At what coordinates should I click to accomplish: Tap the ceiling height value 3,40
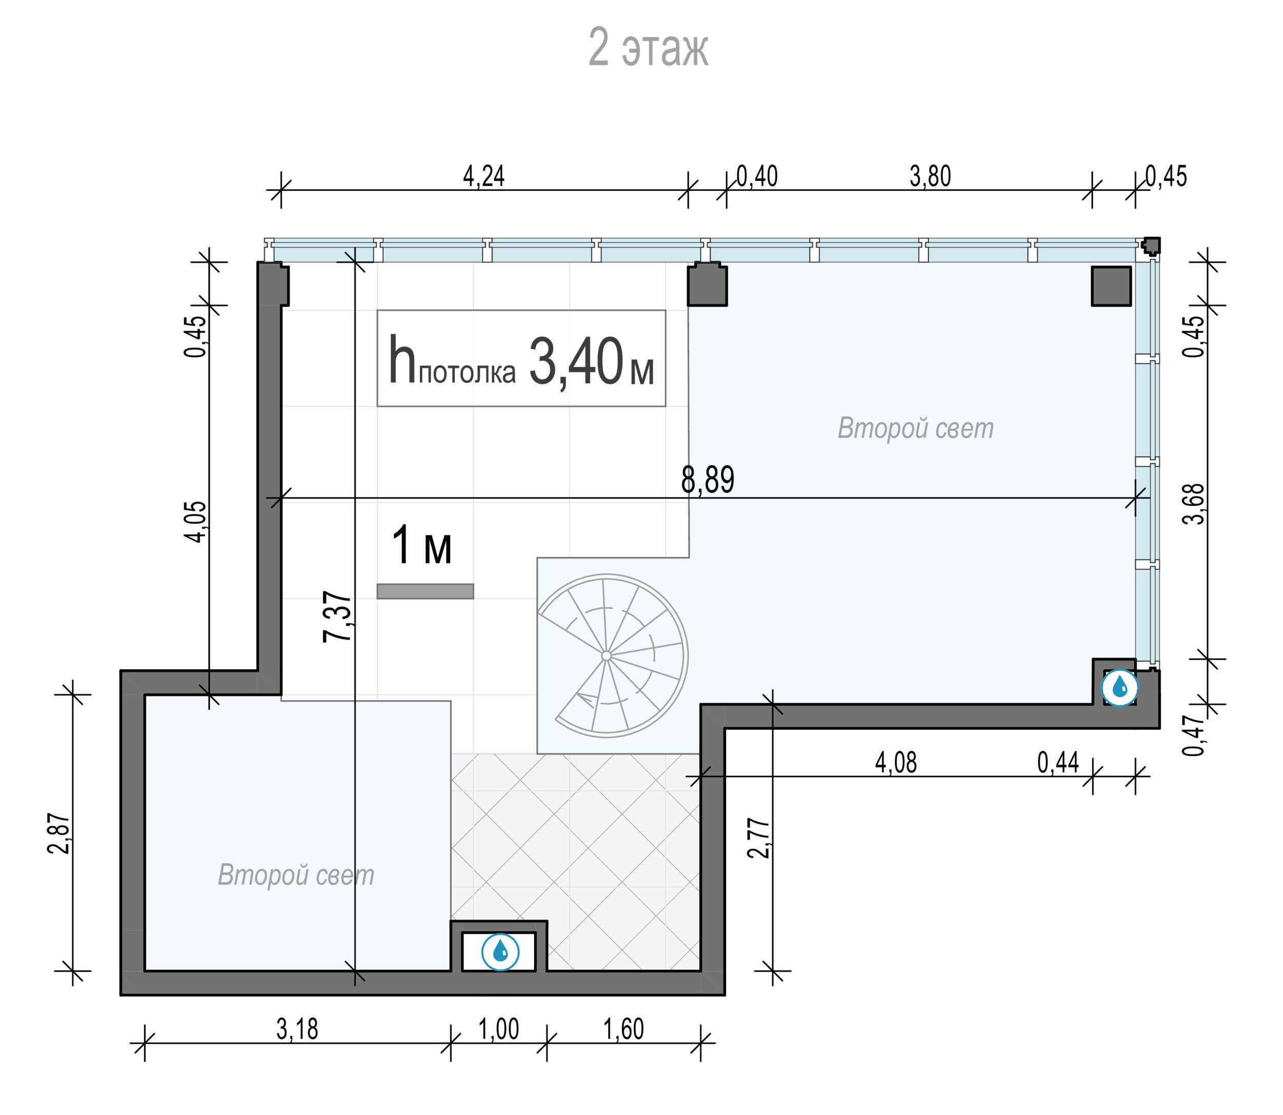[x=576, y=362]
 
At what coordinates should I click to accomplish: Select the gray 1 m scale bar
[x=425, y=591]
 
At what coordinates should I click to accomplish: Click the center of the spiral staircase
[x=607, y=656]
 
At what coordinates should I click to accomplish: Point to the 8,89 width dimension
[x=708, y=479]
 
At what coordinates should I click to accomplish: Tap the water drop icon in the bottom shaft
[x=501, y=951]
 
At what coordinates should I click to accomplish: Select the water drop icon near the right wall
[x=1119, y=688]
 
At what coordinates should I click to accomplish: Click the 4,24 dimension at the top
[x=484, y=177]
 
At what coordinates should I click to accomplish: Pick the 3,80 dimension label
[x=930, y=177]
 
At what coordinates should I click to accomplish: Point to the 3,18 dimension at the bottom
[x=297, y=1030]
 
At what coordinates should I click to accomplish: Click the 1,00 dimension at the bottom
[x=499, y=1030]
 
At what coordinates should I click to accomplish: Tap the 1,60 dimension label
[x=624, y=1030]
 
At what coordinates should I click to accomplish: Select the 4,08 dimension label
[x=896, y=763]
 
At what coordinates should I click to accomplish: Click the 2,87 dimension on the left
[x=60, y=833]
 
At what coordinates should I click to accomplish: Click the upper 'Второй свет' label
[x=916, y=429]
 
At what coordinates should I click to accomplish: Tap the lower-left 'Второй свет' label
[x=296, y=875]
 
